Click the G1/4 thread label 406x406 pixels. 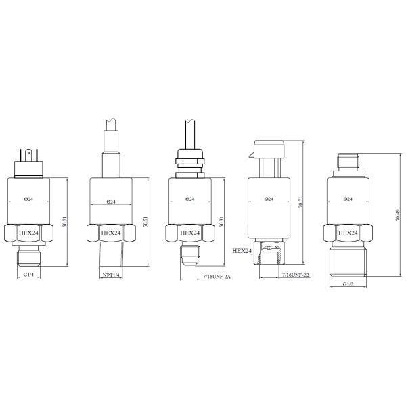(x=29, y=275)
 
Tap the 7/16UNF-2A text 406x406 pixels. (x=217, y=277)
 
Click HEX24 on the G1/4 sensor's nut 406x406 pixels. (x=30, y=233)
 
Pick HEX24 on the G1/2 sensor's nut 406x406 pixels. (x=347, y=233)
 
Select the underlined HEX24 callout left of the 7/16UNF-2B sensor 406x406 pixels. (x=242, y=250)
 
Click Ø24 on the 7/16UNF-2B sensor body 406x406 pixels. (x=269, y=199)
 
